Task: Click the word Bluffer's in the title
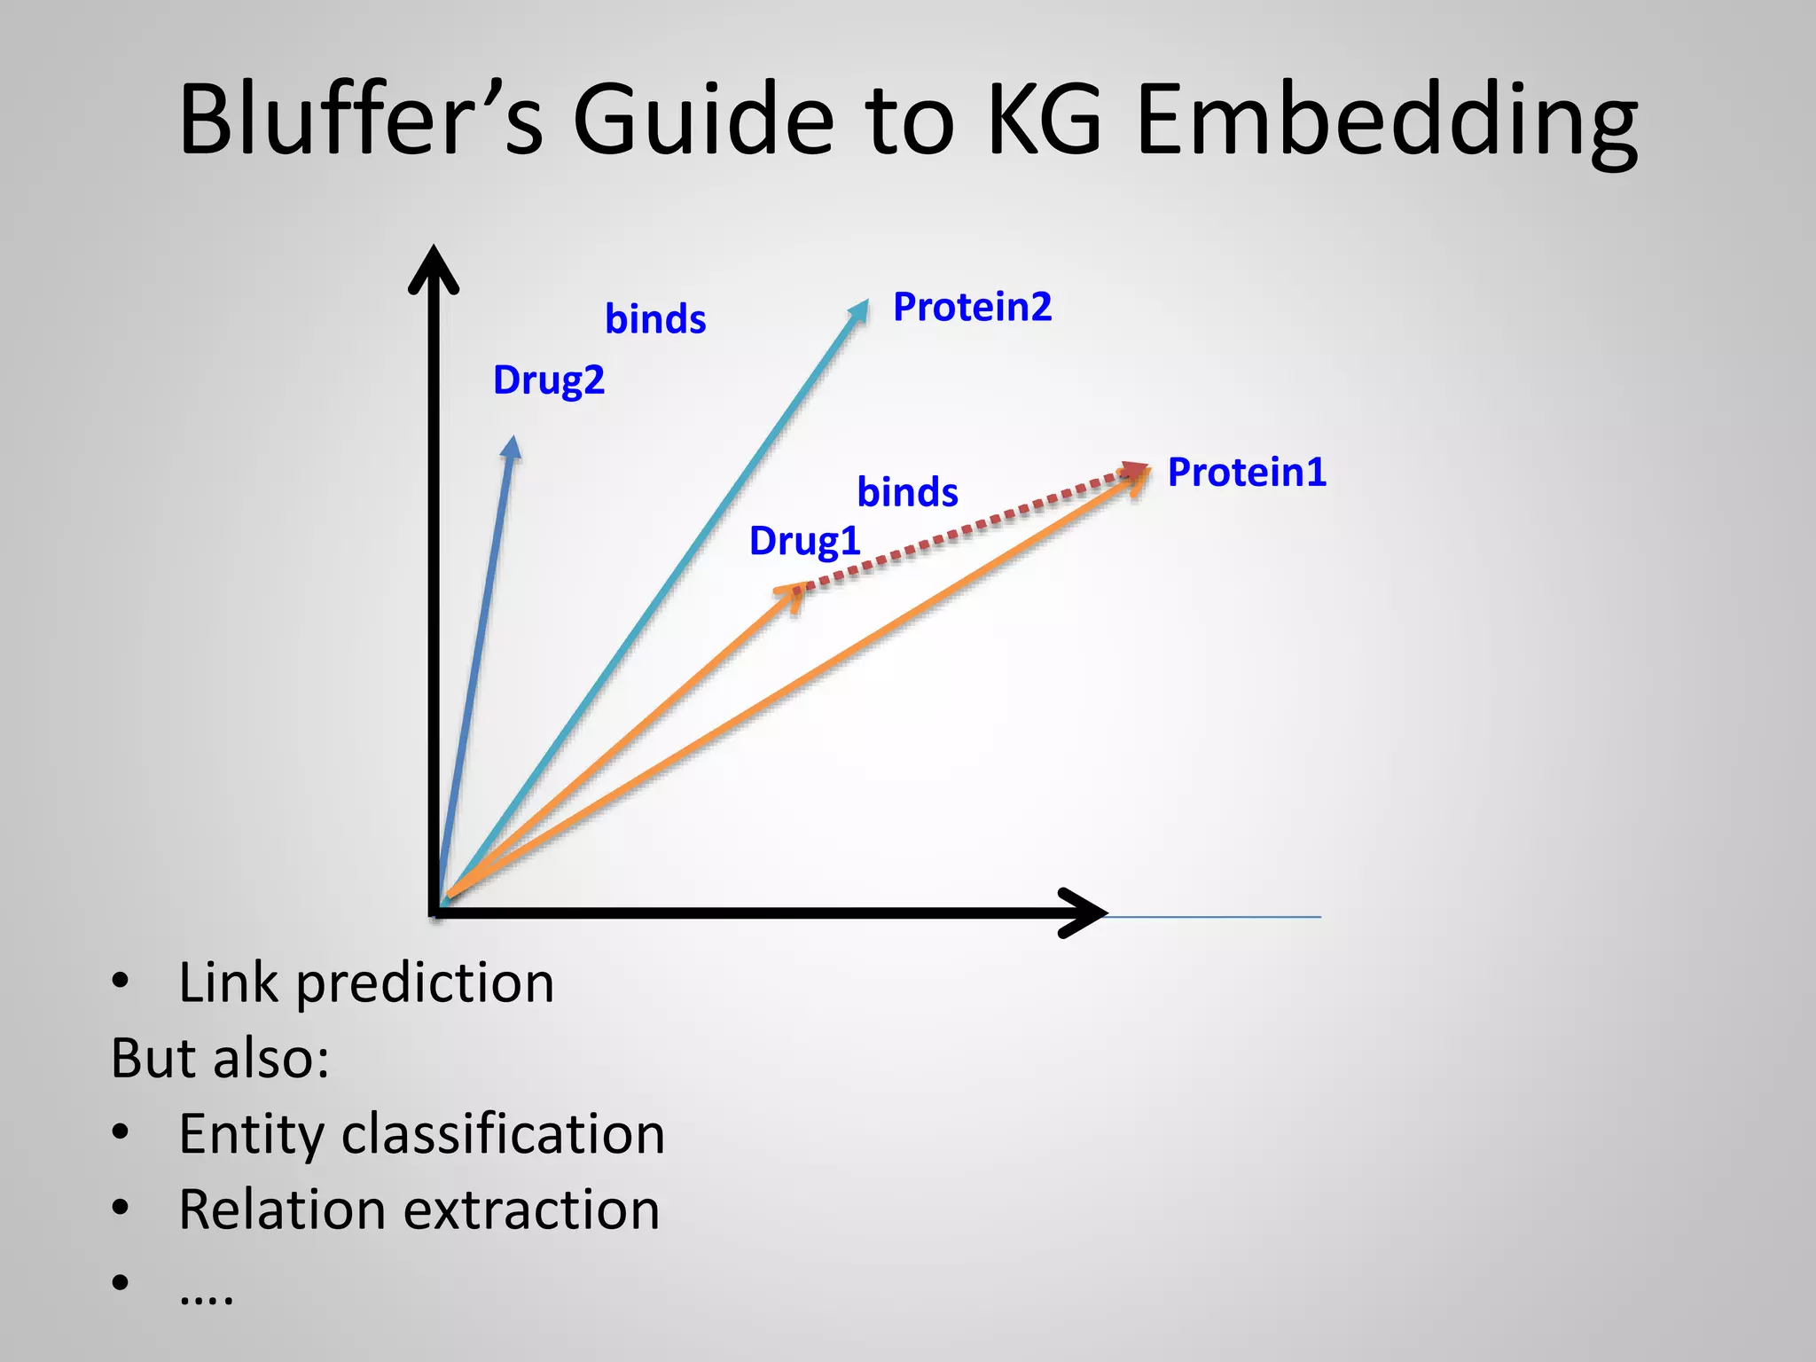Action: coord(360,119)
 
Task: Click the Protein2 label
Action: coord(972,307)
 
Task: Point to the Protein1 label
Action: coord(1247,472)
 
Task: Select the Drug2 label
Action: coord(548,380)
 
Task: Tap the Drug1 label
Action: coord(804,541)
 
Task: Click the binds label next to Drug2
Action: coord(655,319)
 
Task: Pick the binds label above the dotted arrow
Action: coord(907,492)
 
